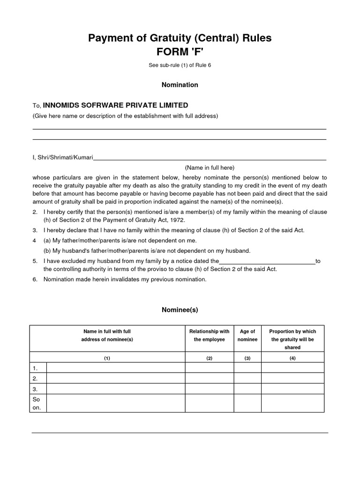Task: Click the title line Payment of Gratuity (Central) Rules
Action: click(180, 38)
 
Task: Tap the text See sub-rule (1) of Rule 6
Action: click(180, 65)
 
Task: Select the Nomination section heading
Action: click(180, 85)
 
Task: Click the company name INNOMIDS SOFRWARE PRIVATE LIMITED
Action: click(115, 105)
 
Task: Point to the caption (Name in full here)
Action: click(210, 167)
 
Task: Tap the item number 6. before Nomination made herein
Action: click(35, 279)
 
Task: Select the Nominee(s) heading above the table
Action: click(180, 310)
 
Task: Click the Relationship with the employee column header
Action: click(210, 335)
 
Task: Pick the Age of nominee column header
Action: click(247, 335)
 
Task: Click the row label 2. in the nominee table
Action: click(35, 378)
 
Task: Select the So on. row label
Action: click(37, 404)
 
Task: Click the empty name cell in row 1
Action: click(116, 368)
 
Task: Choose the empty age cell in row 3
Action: click(247, 389)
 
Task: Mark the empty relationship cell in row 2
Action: click(210, 378)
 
